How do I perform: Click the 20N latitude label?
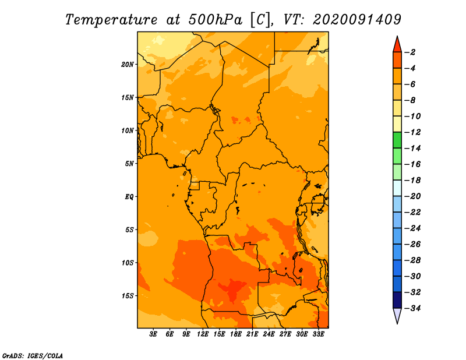[128, 65]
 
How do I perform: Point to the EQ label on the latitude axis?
[129, 197]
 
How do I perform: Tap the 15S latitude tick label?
[128, 296]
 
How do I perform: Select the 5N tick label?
[129, 164]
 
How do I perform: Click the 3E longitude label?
[153, 334]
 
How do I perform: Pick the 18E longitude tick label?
[236, 334]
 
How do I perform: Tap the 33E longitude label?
[318, 334]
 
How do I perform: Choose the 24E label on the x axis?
[269, 334]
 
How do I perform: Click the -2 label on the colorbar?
[411, 52]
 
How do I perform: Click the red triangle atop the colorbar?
[397, 45]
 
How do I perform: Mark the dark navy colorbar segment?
[397, 300]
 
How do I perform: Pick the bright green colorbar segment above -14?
[397, 140]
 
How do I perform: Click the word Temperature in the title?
[111, 20]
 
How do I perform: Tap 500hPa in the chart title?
[215, 20]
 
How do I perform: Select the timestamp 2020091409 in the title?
[357, 20]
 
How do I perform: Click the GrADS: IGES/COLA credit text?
[33, 356]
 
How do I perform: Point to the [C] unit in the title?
[260, 20]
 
